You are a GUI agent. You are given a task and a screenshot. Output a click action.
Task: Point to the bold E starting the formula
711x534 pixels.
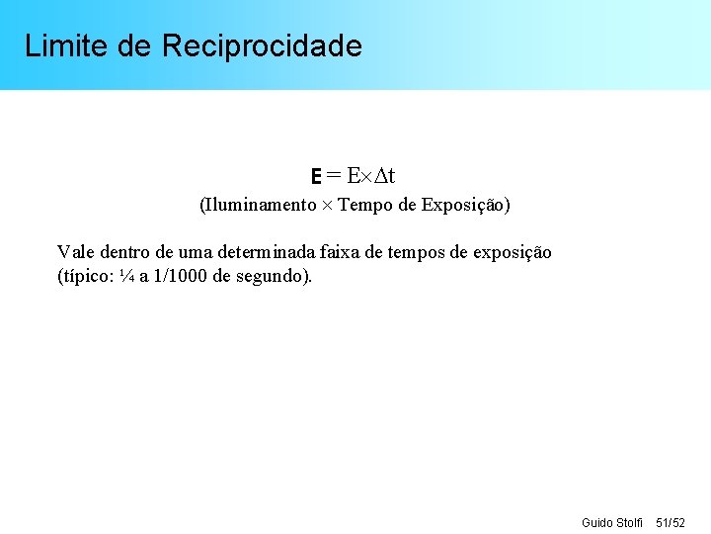(316, 177)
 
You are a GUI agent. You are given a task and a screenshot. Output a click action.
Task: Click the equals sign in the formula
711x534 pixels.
(334, 176)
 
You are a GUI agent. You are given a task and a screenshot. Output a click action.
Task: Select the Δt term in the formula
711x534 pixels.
(384, 176)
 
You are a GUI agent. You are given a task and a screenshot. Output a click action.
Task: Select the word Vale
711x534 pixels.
(75, 252)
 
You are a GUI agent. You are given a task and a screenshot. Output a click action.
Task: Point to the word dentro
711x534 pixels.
(123, 252)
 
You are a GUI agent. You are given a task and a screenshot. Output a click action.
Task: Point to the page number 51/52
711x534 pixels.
(671, 521)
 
